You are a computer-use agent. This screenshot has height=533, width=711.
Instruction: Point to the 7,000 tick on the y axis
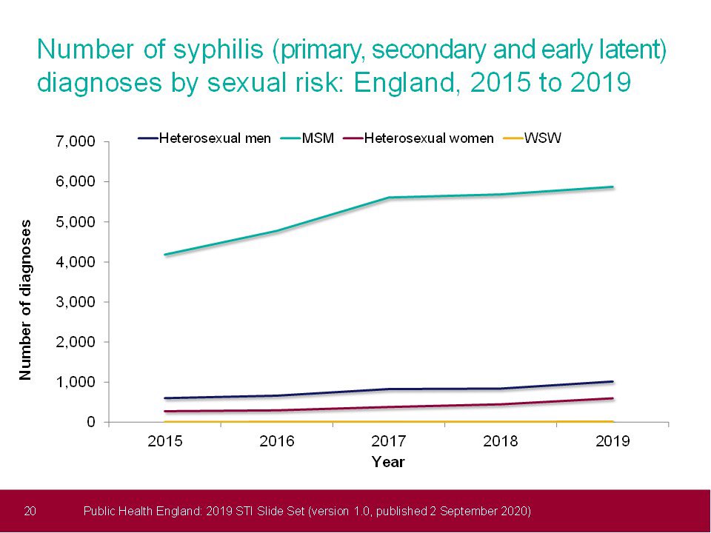click(x=76, y=141)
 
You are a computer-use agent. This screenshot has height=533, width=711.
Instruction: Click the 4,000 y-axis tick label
click(x=76, y=262)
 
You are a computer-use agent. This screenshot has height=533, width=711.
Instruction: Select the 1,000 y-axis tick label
click(x=76, y=382)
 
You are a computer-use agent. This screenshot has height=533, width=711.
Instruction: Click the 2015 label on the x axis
click(x=165, y=442)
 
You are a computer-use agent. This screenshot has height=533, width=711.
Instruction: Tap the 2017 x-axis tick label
click(x=389, y=442)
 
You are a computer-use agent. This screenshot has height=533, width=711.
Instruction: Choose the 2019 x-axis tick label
click(x=612, y=442)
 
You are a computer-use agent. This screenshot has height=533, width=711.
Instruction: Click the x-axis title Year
click(x=388, y=462)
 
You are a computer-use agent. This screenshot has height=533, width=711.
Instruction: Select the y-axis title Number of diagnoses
click(x=26, y=300)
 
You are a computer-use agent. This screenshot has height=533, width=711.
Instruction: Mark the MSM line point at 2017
click(x=389, y=198)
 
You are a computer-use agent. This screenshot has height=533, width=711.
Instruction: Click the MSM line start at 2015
click(x=165, y=255)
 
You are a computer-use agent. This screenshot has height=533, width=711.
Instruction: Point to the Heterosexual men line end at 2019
click(x=612, y=382)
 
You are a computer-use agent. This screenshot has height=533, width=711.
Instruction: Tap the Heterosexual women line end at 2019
click(x=612, y=398)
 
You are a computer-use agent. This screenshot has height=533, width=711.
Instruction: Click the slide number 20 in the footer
click(x=31, y=511)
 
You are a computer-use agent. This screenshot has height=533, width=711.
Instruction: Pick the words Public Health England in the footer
click(x=141, y=511)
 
